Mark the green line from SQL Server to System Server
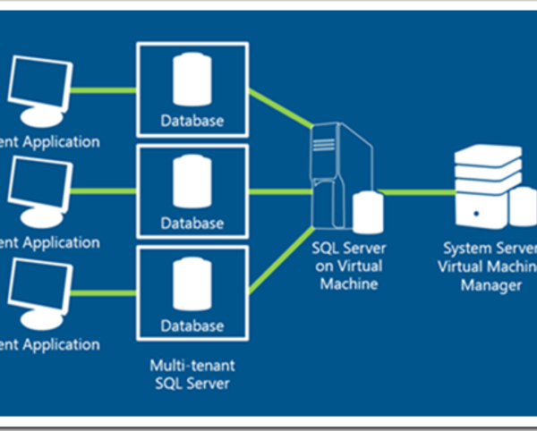(x=416, y=191)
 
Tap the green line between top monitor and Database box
(x=103, y=89)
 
